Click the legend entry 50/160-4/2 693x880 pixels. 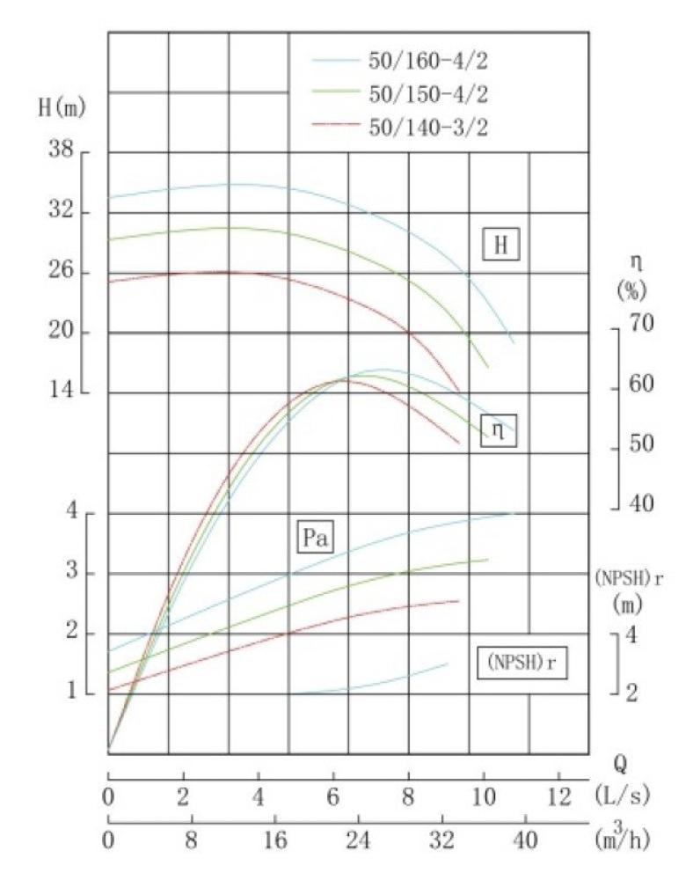[427, 61]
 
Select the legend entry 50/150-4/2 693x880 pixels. [427, 93]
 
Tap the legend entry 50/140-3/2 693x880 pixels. [427, 126]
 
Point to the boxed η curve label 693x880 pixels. [499, 431]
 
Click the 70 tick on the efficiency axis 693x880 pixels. [644, 325]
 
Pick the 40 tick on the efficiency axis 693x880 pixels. [644, 507]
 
